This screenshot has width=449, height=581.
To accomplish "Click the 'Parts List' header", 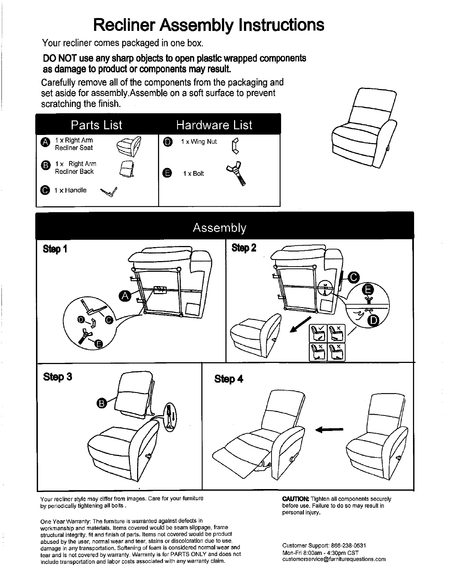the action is point(96,125).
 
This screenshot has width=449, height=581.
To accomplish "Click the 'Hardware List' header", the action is point(214,125).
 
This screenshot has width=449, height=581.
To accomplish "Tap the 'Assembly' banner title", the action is point(219,228).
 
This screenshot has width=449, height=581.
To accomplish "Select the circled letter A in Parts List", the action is point(45,142).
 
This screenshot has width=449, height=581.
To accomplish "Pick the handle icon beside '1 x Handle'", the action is point(109,192).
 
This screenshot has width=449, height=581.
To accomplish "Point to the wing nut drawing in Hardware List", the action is point(235,146).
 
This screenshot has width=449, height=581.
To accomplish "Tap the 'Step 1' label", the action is point(55,249).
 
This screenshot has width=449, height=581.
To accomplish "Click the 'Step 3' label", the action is point(57,377).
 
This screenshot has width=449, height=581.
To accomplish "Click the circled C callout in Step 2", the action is point(353,277).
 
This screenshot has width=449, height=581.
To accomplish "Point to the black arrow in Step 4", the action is point(329,429).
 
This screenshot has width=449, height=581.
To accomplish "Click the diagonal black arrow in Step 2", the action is point(301,325).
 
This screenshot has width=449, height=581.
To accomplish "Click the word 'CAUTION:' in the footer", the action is point(296,499).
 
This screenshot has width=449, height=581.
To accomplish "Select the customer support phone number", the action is point(348,545).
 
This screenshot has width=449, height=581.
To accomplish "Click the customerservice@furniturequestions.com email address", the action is point(334,559).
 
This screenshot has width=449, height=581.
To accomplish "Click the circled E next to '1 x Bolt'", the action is point(167,173).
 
